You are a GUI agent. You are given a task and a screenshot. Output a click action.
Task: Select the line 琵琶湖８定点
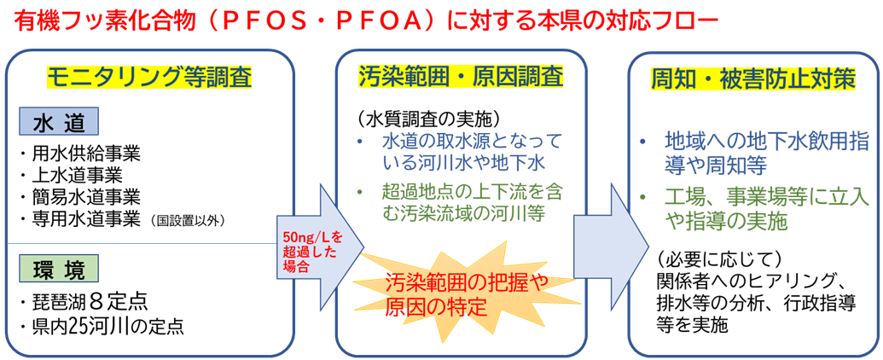tap(82, 302)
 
